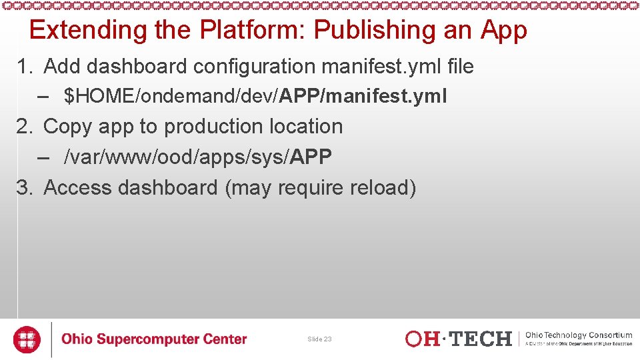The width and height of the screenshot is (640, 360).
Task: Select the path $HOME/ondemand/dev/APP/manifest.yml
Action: (x=255, y=97)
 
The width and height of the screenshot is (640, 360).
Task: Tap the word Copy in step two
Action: (x=67, y=127)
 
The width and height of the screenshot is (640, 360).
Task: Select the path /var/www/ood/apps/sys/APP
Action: (x=197, y=157)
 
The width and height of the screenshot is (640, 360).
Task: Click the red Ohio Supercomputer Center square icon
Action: (x=27, y=339)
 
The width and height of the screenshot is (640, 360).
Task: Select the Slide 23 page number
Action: (x=319, y=339)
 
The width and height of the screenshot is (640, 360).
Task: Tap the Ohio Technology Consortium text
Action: (x=579, y=335)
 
